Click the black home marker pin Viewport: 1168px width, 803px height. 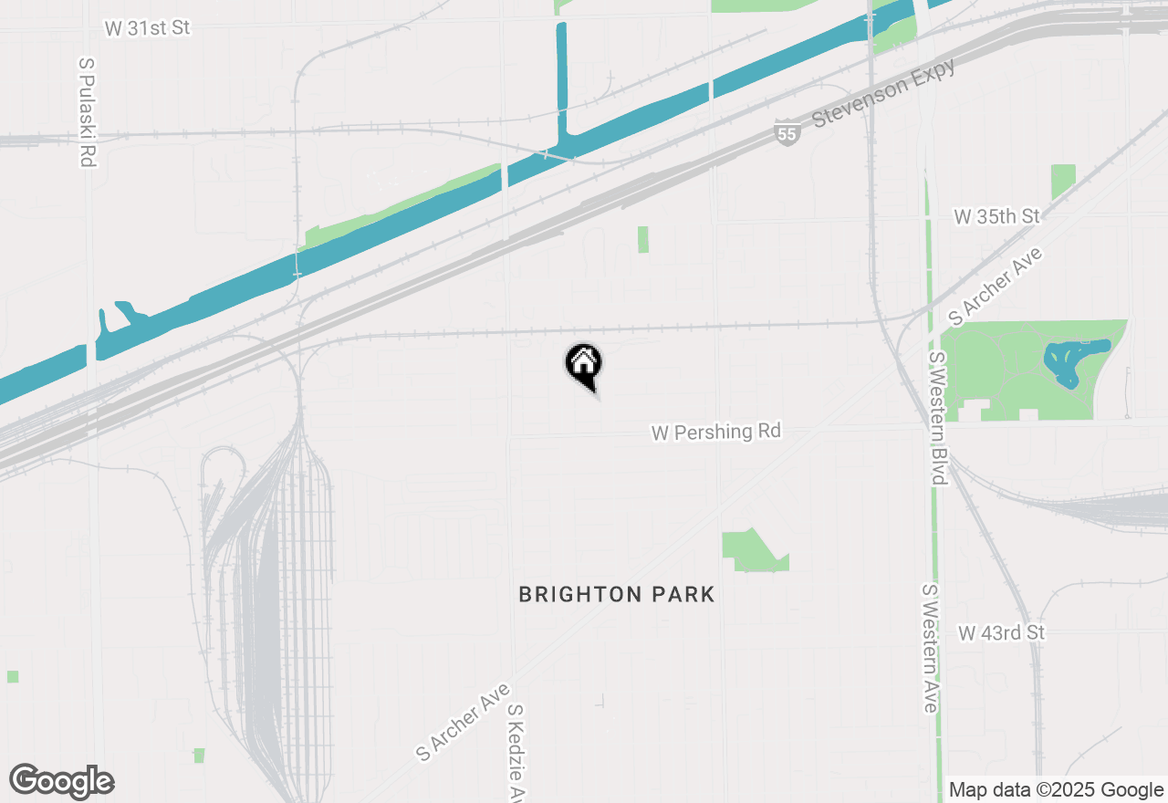pos(584,364)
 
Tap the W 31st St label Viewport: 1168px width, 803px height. pos(147,28)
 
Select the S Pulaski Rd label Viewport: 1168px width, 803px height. pos(88,111)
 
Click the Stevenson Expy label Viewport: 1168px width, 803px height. pos(883,92)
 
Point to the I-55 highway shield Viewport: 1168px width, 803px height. pos(787,131)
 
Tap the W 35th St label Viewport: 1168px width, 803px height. pos(996,216)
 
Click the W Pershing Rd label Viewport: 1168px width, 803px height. pos(716,432)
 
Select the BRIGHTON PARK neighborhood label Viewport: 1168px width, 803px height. pos(617,595)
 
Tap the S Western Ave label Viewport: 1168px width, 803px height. pos(930,648)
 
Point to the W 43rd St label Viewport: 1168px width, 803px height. pos(1001,632)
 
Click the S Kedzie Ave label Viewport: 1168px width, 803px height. pos(517,753)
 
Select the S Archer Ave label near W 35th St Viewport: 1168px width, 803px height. pos(996,286)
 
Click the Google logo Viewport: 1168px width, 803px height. pos(61,781)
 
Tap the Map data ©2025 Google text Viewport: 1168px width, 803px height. pos(1056,790)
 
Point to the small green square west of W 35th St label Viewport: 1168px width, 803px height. pos(1063,181)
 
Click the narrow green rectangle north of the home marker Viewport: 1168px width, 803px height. pos(643,239)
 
